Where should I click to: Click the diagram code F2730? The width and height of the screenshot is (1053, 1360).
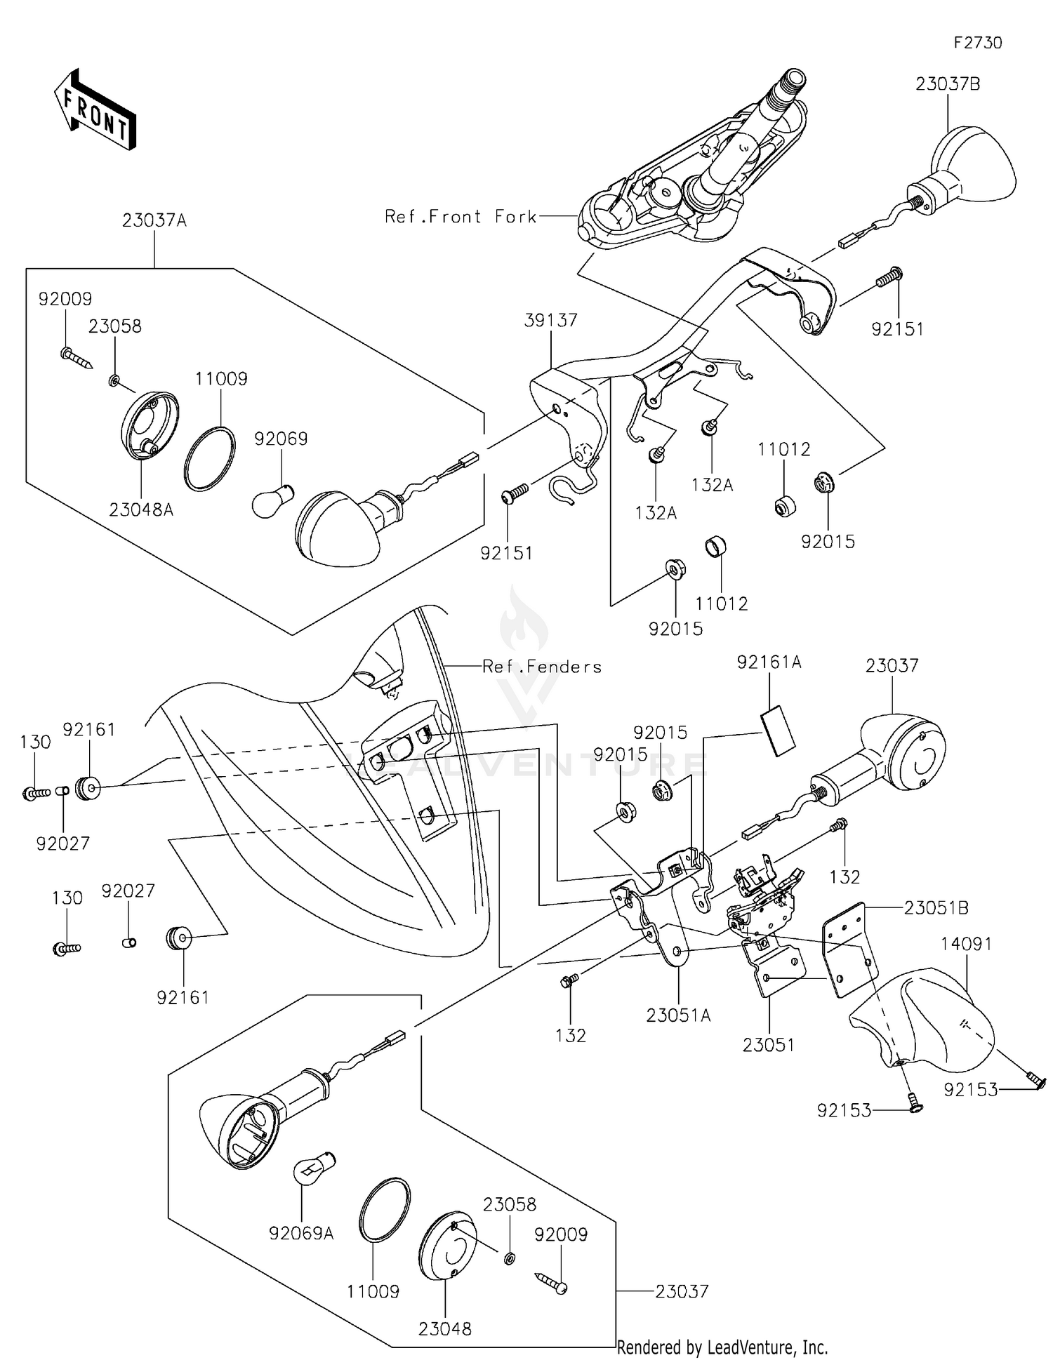point(978,43)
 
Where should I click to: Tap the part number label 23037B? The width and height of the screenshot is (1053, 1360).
point(948,84)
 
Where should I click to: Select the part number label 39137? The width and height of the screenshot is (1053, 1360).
point(551,320)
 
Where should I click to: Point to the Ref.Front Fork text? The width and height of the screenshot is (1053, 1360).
point(461,217)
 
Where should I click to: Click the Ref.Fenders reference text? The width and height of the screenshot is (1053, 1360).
point(542,667)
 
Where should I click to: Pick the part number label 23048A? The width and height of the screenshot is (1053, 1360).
point(141,510)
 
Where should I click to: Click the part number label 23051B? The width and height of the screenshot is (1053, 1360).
point(936,908)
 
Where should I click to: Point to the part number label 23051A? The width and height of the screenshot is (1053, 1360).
point(679,1015)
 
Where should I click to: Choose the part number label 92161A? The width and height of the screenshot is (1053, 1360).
point(769,662)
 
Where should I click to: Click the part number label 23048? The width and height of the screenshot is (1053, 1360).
point(445,1328)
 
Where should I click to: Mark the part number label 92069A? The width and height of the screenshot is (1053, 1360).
point(301,1233)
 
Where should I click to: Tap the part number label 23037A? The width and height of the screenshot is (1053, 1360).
point(154,220)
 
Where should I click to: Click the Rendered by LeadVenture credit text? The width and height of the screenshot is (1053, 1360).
point(722,1347)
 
